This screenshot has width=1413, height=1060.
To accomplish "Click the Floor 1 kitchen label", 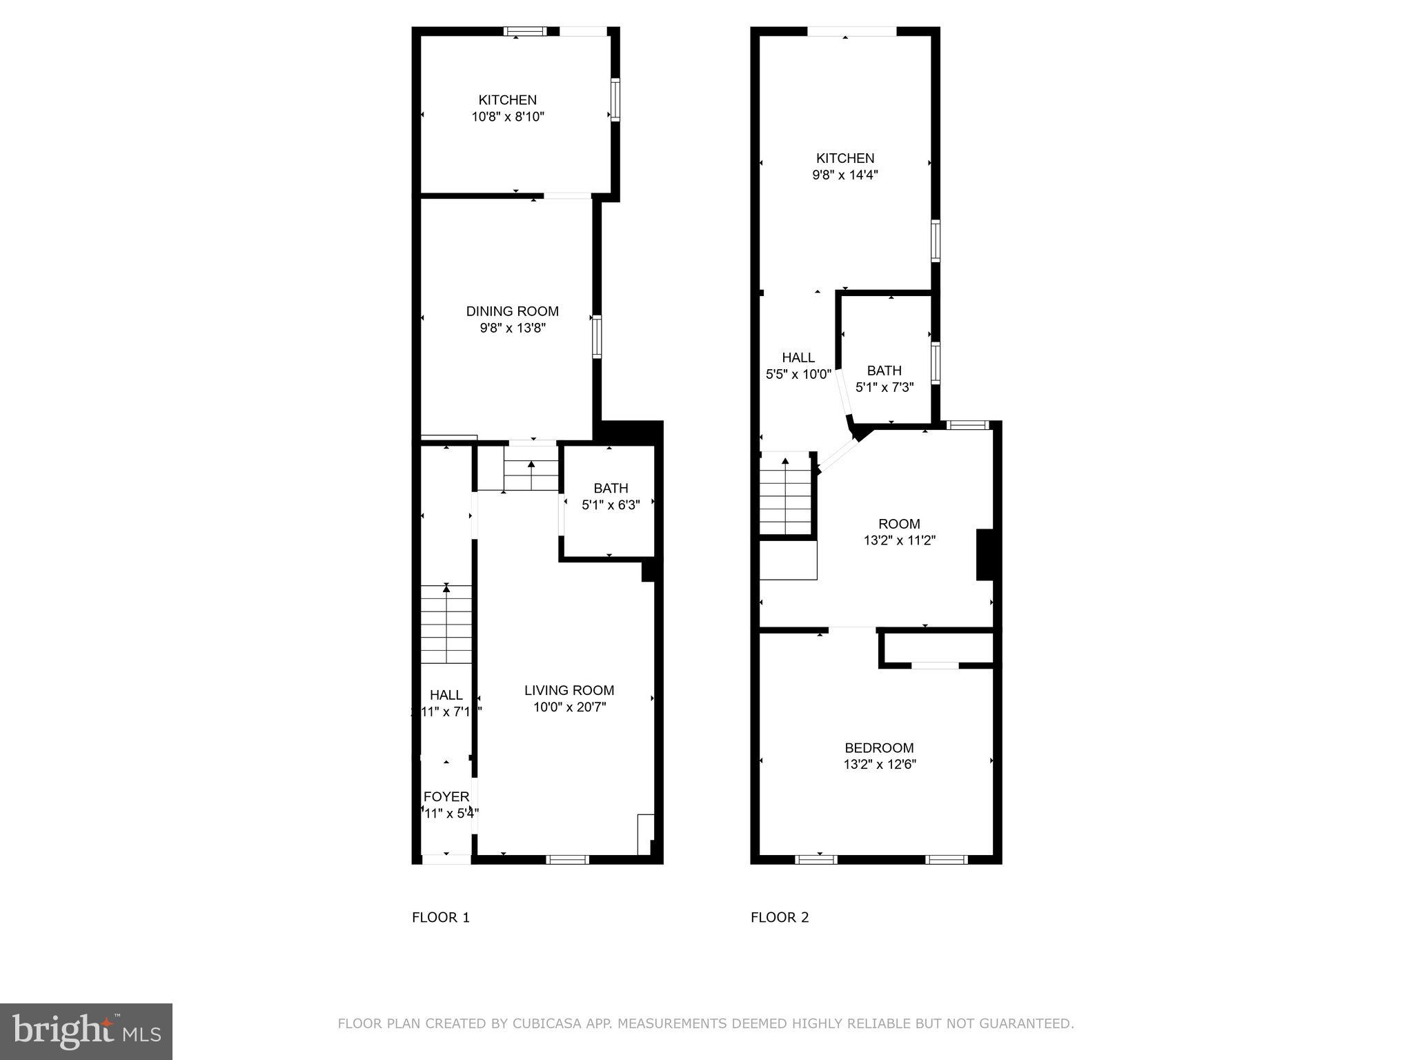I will tap(507, 100).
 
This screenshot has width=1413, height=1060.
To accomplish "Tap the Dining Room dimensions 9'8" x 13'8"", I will tap(513, 328).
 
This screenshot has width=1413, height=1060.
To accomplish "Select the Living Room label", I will tap(569, 690).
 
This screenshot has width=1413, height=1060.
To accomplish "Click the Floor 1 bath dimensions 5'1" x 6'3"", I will tap(611, 505).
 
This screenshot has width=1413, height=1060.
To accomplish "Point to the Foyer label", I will tap(446, 796).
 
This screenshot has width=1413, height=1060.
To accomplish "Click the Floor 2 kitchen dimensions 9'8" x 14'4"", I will tap(844, 175).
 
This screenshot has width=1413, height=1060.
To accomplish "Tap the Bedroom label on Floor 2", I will tap(879, 747).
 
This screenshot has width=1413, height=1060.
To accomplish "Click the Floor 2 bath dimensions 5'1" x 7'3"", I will tap(885, 388).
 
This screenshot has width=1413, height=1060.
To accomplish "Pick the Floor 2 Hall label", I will tap(798, 357).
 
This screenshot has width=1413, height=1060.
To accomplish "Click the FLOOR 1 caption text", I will tap(440, 917).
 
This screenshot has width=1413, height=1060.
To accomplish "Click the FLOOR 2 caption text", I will tap(779, 917).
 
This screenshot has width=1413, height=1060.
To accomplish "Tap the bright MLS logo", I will tap(86, 1031).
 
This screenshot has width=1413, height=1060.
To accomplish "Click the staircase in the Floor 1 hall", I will tap(446, 624).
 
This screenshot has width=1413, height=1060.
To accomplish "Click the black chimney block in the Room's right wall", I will tap(985, 554).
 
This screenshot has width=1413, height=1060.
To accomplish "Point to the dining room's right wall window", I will tap(597, 336).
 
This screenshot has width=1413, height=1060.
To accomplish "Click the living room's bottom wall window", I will tap(567, 859).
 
